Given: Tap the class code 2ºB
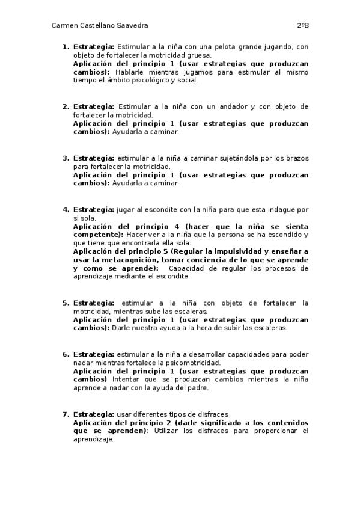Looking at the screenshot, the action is pos(302,26).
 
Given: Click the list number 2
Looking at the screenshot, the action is pos(65,106).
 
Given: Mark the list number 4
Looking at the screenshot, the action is pos(65,210).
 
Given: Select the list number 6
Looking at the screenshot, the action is pos(65,354).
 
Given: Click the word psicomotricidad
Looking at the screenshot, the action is pos(194,363).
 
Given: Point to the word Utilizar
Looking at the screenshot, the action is pos(168,431).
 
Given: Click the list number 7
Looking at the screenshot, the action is pos(65,414).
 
